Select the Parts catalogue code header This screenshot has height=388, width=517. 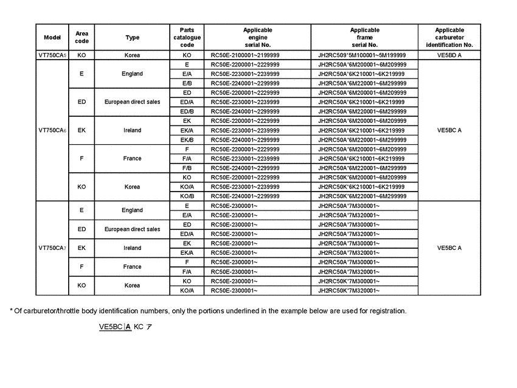[187, 37]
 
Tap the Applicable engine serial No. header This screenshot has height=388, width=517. [257, 37]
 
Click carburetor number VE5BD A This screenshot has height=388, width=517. [449, 55]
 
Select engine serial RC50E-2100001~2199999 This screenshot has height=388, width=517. [245, 55]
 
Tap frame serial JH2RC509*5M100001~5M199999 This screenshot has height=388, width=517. [362, 55]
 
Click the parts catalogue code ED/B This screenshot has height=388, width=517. [187, 111]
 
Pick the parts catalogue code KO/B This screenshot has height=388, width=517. [187, 196]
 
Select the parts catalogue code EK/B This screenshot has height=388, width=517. [187, 140]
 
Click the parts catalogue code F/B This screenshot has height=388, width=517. [187, 168]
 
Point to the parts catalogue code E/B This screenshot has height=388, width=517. [187, 83]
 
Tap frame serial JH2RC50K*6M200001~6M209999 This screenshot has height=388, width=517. [363, 178]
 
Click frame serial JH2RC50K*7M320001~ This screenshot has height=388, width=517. [349, 291]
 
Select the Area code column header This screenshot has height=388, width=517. [82, 37]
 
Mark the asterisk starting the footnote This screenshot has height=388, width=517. [11, 310]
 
